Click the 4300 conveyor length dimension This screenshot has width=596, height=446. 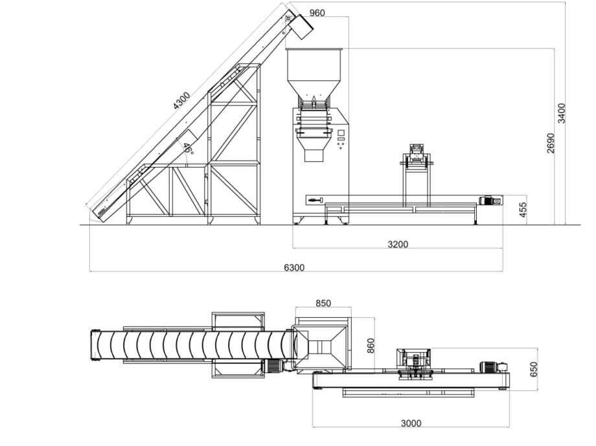click(x=181, y=101)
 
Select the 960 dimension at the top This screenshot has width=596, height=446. click(x=317, y=13)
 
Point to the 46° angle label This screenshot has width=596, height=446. click(x=187, y=148)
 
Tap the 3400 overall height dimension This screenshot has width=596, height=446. click(x=562, y=113)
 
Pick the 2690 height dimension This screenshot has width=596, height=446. click(x=551, y=143)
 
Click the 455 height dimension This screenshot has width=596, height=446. click(x=523, y=210)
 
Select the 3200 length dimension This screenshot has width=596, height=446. click(x=398, y=244)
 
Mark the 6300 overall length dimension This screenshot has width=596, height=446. click(x=294, y=267)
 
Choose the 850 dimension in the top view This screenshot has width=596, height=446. click(x=323, y=303)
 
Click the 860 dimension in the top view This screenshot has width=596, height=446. click(x=371, y=346)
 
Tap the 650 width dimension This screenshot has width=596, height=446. click(x=533, y=369)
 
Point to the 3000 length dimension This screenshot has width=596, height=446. click(x=411, y=423)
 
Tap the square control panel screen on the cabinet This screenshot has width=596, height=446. click(x=341, y=133)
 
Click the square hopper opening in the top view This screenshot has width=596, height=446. click(x=321, y=346)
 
